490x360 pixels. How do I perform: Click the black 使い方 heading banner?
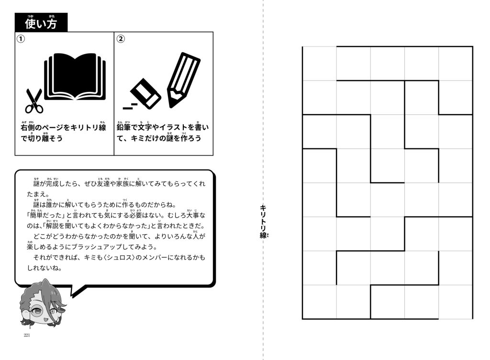coord(41,23)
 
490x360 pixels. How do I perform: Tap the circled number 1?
coord(21,39)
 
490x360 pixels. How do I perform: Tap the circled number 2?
coord(121,39)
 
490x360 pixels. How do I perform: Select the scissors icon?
coord(33,100)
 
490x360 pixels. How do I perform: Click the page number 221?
coord(27,335)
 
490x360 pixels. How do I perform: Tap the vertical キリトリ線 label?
coord(263,221)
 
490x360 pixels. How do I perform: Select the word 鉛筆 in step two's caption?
coord(124,128)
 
